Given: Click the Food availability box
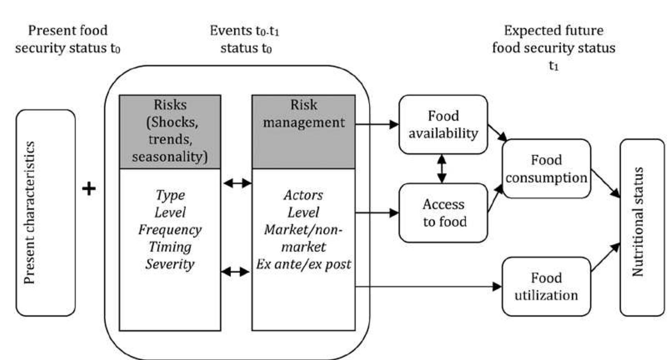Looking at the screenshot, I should pyautogui.click(x=443, y=124).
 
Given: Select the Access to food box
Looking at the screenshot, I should pyautogui.click(x=443, y=213).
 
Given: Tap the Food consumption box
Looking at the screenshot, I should pyautogui.click(x=546, y=169).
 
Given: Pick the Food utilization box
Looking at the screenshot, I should pyautogui.click(x=546, y=287).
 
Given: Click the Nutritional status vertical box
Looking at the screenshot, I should pyautogui.click(x=642, y=227).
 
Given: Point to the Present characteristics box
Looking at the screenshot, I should pyautogui.click(x=45, y=213).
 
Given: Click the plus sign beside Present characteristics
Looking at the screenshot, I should pyautogui.click(x=89, y=189).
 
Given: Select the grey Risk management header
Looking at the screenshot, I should pyautogui.click(x=303, y=131).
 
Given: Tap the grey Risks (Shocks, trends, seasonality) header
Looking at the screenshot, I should pyautogui.click(x=170, y=131).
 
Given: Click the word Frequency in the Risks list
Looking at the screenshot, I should pyautogui.click(x=170, y=229).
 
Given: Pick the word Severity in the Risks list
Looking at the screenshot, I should pyautogui.click(x=170, y=264).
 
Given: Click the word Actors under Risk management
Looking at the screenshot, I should pyautogui.click(x=303, y=195).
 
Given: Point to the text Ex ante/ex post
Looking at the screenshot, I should pyautogui.click(x=303, y=264).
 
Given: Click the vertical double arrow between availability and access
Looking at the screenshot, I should pyautogui.click(x=442, y=169).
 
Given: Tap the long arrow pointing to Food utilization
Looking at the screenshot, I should pyautogui.click(x=429, y=287).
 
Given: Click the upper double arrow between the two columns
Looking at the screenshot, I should pyautogui.click(x=237, y=183).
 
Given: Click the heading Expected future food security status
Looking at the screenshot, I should pyautogui.click(x=553, y=40).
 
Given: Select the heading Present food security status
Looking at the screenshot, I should pyautogui.click(x=68, y=39).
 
